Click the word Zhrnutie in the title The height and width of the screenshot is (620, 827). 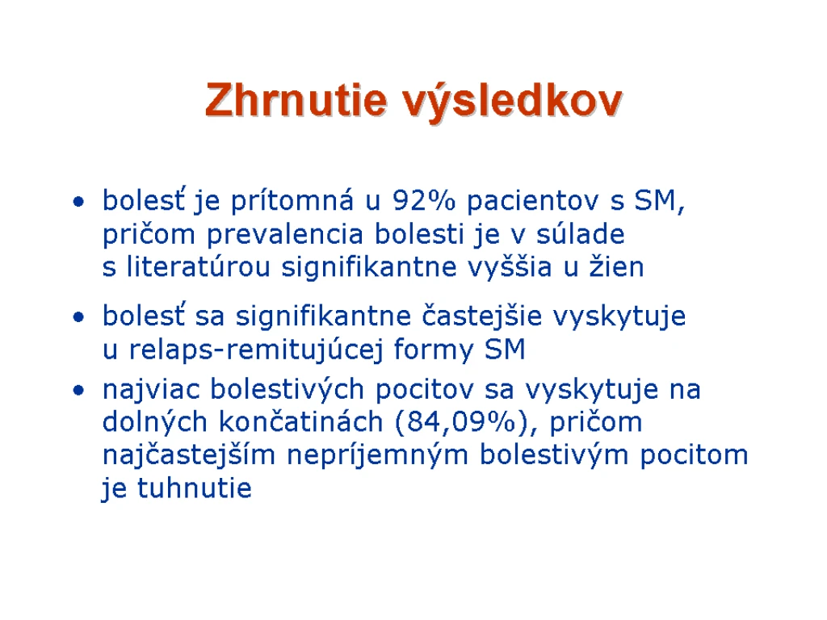pyautogui.click(x=296, y=99)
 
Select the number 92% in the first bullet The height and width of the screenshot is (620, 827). pyautogui.click(x=423, y=201)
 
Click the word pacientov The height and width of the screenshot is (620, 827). pyautogui.click(x=533, y=201)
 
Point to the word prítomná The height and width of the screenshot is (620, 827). pyautogui.click(x=292, y=201)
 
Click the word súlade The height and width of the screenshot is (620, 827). pyautogui.click(x=580, y=233)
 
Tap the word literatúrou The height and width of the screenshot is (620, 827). pyautogui.click(x=199, y=266)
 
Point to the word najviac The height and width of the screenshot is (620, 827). pyautogui.click(x=151, y=391)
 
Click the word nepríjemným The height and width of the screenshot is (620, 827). pyautogui.click(x=378, y=456)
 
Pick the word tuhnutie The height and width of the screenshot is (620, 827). pyautogui.click(x=195, y=488)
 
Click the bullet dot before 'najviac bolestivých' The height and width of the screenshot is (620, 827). pyautogui.click(x=78, y=391)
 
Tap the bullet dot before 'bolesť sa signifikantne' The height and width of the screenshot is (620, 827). pyautogui.click(x=78, y=317)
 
